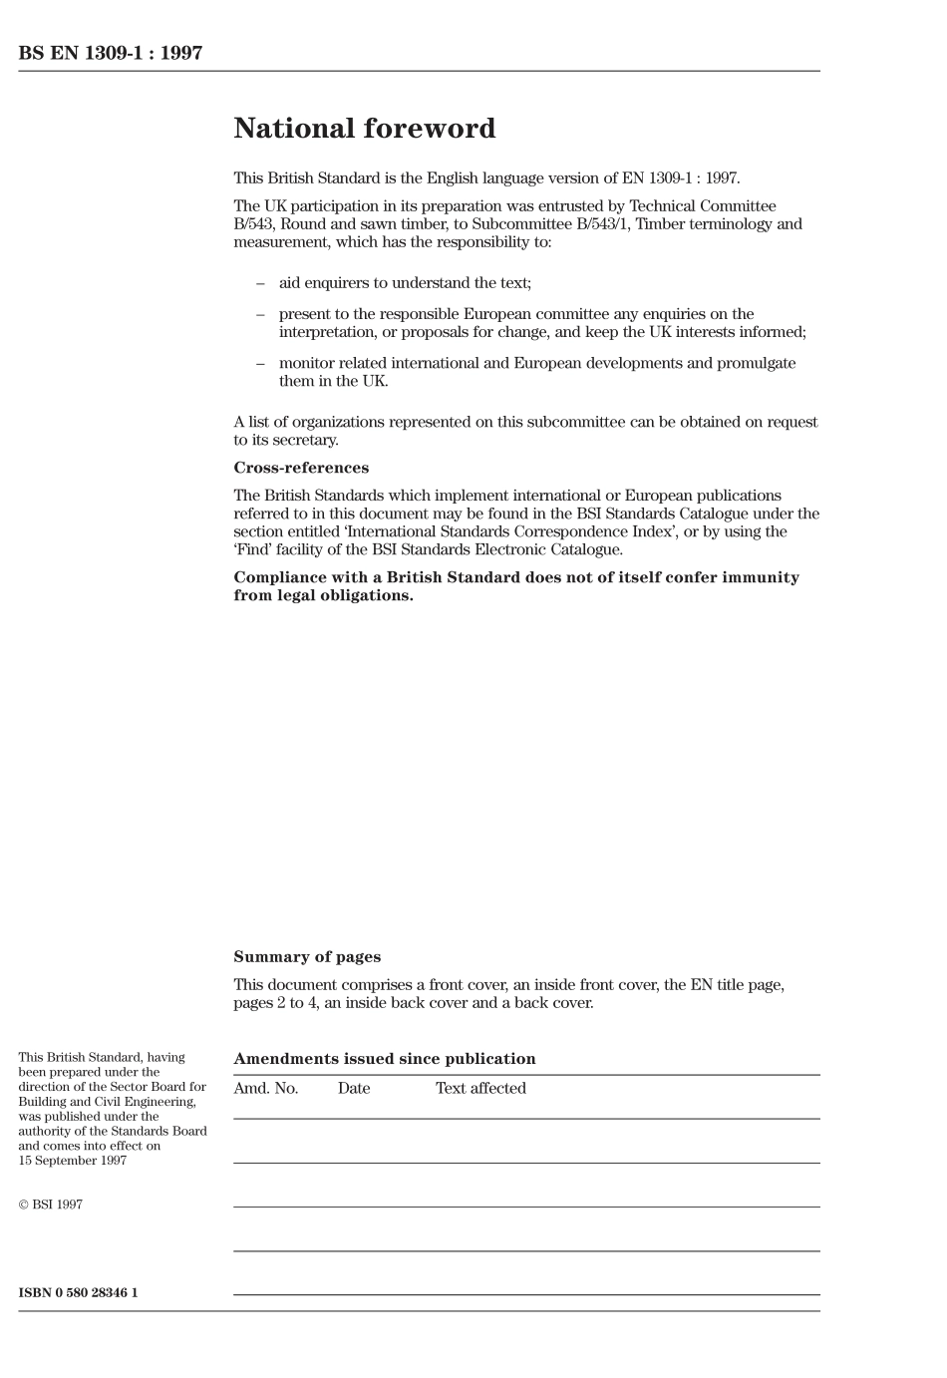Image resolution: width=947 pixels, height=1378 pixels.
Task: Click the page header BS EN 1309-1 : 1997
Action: [x=111, y=54]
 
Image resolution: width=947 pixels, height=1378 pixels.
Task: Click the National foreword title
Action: [x=364, y=129]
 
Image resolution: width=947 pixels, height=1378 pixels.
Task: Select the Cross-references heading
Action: [x=301, y=468]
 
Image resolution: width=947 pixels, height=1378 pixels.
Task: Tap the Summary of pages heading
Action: [x=307, y=956]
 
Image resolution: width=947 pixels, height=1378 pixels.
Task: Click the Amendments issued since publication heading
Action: [x=384, y=1059]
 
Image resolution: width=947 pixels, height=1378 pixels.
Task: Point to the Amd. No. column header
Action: [x=265, y=1088]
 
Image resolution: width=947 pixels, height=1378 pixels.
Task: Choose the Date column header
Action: [x=354, y=1088]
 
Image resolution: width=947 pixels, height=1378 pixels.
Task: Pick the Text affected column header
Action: [x=480, y=1088]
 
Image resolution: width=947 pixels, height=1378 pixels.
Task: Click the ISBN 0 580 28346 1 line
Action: [x=78, y=1292]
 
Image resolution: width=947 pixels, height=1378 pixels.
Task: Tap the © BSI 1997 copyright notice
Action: [x=50, y=1205]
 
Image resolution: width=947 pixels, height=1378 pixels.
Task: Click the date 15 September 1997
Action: [x=73, y=1161]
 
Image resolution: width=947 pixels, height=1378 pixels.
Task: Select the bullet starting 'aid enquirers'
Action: [x=405, y=283]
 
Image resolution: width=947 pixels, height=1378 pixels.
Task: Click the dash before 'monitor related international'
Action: [x=260, y=363]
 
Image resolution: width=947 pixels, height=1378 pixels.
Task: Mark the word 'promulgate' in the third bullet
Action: [x=757, y=363]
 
